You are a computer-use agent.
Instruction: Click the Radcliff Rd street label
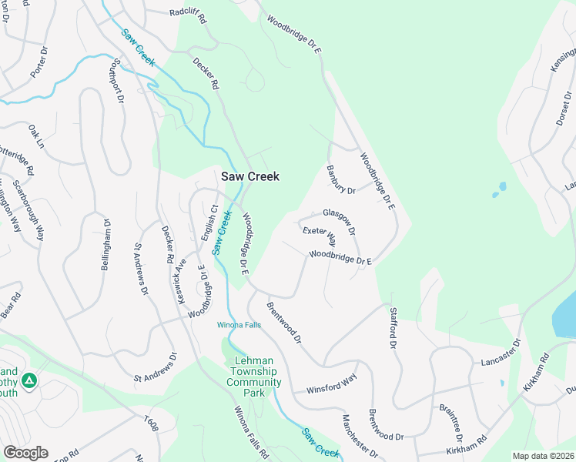pos(188,12)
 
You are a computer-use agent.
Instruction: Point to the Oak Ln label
pos(36,136)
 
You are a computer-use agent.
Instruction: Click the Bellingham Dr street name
pos(107,244)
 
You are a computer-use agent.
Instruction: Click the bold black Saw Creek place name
pos(250,176)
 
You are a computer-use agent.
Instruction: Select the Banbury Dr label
pos(340,180)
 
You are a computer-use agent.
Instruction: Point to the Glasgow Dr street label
pos(339,220)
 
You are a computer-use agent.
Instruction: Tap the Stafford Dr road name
pos(394,327)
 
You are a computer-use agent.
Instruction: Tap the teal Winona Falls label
pos(239,324)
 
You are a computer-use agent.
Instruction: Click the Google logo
pos(25,452)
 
